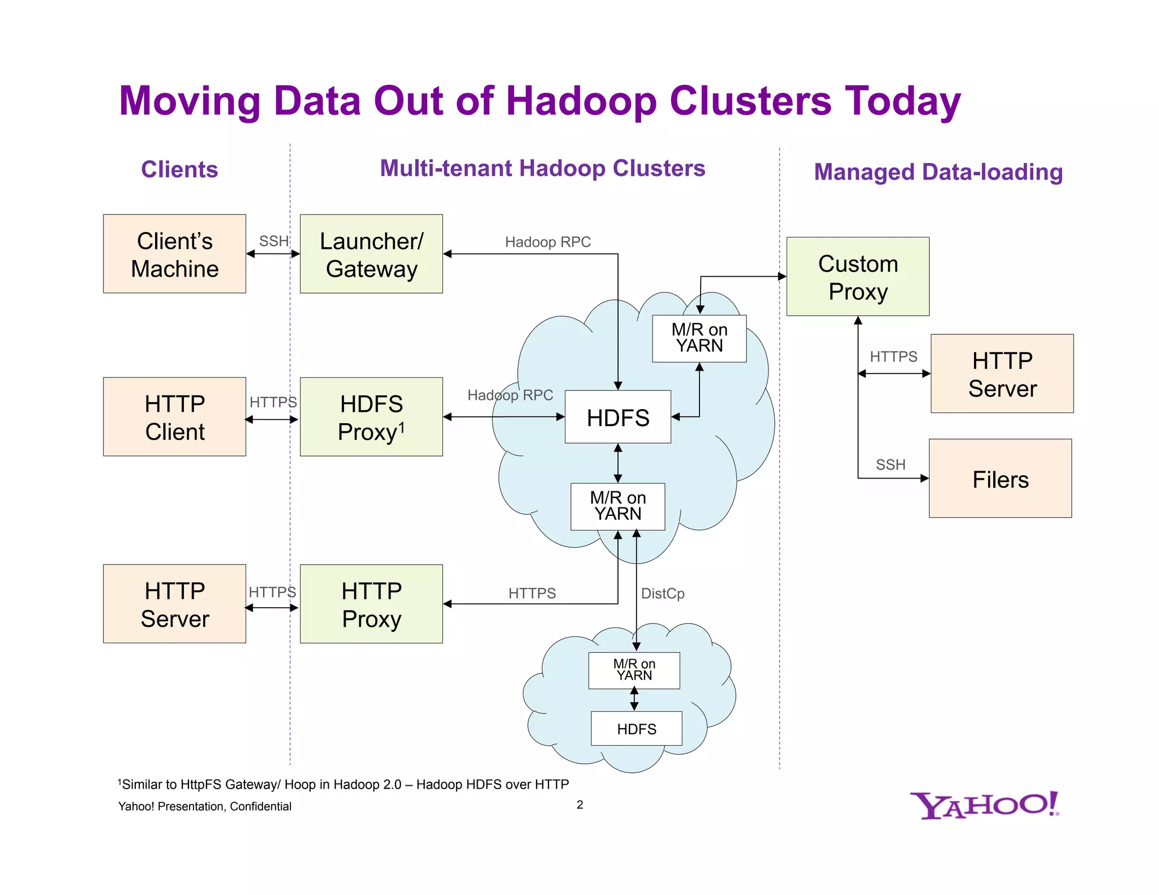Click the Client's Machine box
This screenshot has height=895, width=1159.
pos(174,254)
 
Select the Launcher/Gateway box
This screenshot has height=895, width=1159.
pos(371,254)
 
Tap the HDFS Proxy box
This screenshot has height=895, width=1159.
pos(371,417)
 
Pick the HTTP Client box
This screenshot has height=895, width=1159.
pos(174,417)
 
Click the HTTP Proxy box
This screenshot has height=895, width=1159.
pos(371,604)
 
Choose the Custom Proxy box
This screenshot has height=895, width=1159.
pos(858,277)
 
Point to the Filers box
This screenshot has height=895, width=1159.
pos(1000,479)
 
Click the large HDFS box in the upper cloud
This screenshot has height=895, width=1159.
pos(618,417)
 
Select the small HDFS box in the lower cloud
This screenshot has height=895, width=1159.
pos(637,729)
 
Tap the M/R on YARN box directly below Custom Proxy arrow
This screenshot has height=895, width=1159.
pos(699,338)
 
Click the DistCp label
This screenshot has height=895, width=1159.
pos(663,593)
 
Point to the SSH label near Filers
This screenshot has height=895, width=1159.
pos(891,464)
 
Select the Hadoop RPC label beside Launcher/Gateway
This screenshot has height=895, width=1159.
pos(548,242)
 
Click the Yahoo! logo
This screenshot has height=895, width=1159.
pos(985,805)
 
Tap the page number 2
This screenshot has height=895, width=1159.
pos(580,804)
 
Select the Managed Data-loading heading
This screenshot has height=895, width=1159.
pos(938,172)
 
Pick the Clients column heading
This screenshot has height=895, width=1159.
pos(179,169)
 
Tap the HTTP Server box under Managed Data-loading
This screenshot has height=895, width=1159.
pos(1002,374)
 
